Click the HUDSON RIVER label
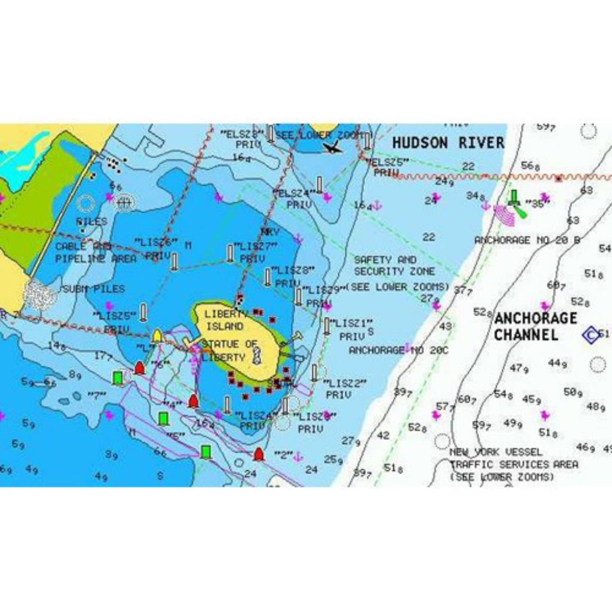(448, 142)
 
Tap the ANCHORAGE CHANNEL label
(535, 326)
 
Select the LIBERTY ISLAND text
(224, 320)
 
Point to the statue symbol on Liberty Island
(256, 354)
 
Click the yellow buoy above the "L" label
(157, 335)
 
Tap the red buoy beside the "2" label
(259, 454)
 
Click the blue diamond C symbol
(591, 335)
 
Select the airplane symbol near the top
(332, 147)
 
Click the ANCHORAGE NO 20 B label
(527, 240)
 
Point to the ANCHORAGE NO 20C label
(398, 350)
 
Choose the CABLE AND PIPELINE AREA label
(87, 252)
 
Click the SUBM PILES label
(94, 289)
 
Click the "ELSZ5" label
(388, 162)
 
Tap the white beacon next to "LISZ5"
(143, 311)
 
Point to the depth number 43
(445, 327)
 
